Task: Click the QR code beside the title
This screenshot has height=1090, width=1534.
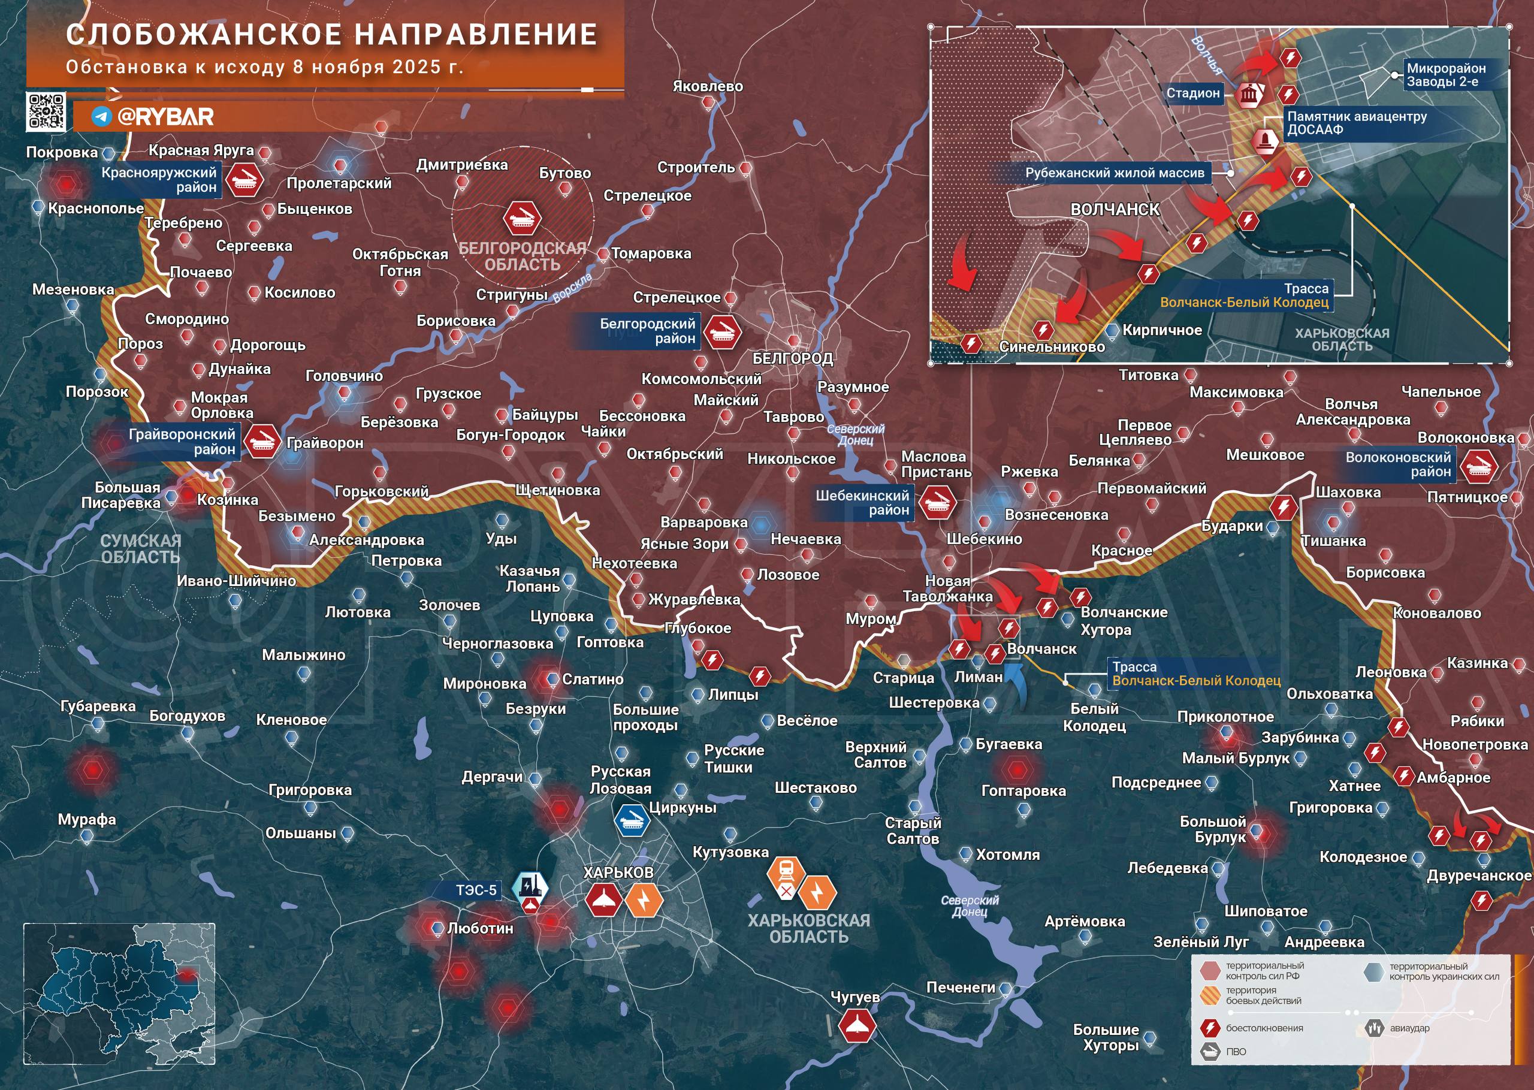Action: click(46, 111)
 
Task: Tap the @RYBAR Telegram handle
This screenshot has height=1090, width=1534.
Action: click(164, 117)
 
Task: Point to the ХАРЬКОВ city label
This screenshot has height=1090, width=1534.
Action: click(617, 872)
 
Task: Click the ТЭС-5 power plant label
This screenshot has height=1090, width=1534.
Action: click(476, 890)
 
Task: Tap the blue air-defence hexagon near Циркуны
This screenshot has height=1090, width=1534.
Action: click(632, 820)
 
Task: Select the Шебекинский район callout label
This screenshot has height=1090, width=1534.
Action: click(862, 503)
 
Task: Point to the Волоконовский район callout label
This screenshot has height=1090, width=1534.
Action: click(1397, 464)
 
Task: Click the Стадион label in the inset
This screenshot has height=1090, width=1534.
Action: click(1192, 93)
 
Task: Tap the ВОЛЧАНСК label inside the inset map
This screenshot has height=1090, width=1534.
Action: click(1115, 209)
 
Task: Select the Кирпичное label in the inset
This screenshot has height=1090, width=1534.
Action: click(1161, 330)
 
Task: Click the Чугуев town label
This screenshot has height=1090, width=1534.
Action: click(854, 997)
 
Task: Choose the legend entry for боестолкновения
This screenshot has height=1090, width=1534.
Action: click(1264, 1028)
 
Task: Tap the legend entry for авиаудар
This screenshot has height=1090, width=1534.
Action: click(1409, 1028)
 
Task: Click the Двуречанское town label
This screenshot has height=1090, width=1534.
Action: click(1479, 875)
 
